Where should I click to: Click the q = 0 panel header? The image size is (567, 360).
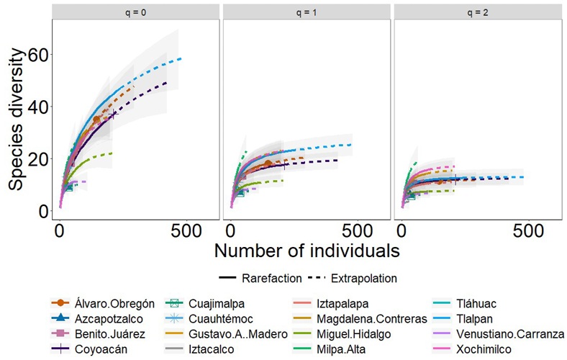(x=135, y=12)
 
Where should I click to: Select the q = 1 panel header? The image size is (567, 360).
(x=307, y=12)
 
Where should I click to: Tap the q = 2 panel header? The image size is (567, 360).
(x=477, y=12)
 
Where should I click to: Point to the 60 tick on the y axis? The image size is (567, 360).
(x=38, y=55)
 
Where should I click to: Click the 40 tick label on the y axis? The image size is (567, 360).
(x=38, y=107)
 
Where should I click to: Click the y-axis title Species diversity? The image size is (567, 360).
(x=17, y=120)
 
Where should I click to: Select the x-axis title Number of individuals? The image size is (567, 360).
(x=307, y=251)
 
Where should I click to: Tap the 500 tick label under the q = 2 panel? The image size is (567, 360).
(x=528, y=231)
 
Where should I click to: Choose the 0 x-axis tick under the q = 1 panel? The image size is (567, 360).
(x=231, y=231)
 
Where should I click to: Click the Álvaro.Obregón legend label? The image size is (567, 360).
(x=114, y=304)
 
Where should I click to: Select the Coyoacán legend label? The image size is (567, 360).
(x=101, y=349)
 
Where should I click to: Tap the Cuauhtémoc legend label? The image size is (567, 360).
(x=221, y=319)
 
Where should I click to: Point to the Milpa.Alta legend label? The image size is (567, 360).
(x=341, y=349)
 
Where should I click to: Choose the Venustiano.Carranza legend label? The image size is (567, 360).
(x=510, y=334)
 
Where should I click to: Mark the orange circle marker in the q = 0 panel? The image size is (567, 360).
(x=96, y=120)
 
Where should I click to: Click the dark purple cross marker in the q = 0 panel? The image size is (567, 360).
(x=113, y=114)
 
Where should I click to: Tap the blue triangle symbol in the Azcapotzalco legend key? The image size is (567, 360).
(x=60, y=318)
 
